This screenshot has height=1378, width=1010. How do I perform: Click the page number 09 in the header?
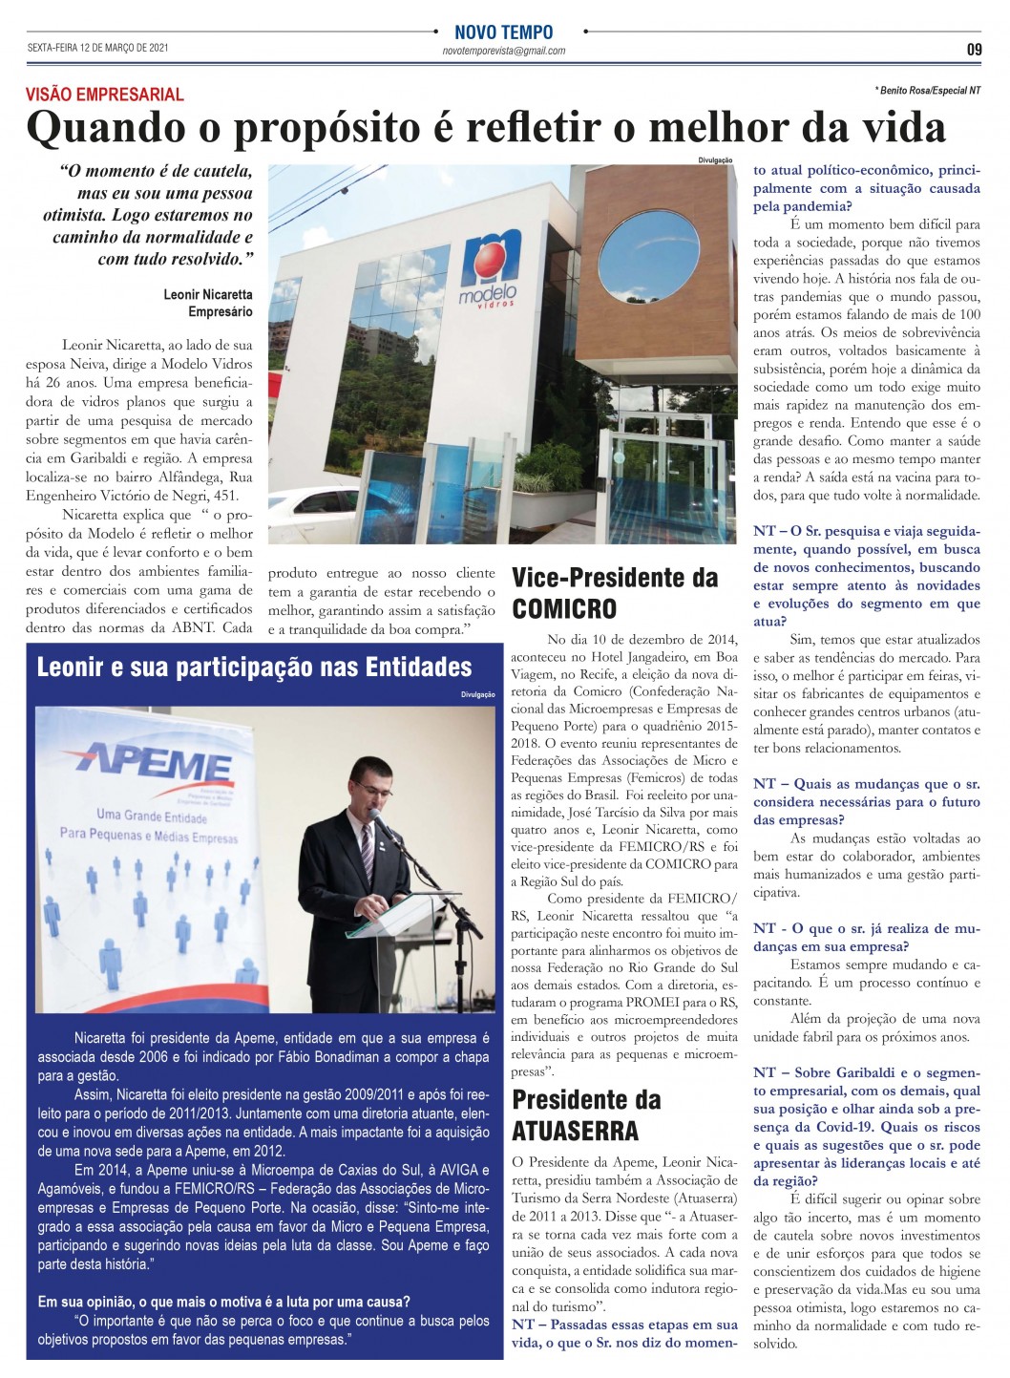(973, 50)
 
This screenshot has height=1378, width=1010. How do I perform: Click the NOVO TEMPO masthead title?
(503, 32)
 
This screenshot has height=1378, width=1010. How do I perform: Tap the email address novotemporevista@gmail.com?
(504, 51)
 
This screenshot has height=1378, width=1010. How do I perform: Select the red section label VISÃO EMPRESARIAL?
(105, 95)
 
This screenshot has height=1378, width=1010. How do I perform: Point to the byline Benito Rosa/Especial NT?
(927, 91)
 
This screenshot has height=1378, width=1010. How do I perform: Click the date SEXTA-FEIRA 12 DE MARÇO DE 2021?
(98, 48)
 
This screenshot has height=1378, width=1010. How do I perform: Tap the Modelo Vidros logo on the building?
(490, 266)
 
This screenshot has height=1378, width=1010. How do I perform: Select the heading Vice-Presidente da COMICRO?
(615, 592)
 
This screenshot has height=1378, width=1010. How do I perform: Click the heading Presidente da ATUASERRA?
(586, 1114)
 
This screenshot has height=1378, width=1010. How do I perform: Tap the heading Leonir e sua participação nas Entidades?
(255, 667)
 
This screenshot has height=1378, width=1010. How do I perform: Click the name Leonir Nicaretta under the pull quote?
(208, 294)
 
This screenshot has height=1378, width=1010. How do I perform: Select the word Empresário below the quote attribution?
(221, 311)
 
